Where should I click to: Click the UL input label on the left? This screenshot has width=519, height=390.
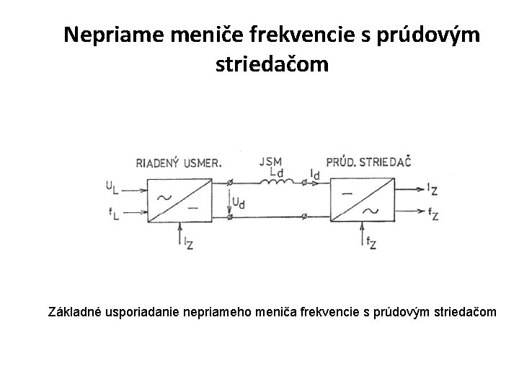coord(113,187)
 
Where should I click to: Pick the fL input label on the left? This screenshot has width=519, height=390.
coord(113,213)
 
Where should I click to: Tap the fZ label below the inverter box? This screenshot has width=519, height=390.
coord(371,243)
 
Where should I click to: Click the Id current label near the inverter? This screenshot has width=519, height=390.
coord(314,174)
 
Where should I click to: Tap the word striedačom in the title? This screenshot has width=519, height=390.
coord(271,65)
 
